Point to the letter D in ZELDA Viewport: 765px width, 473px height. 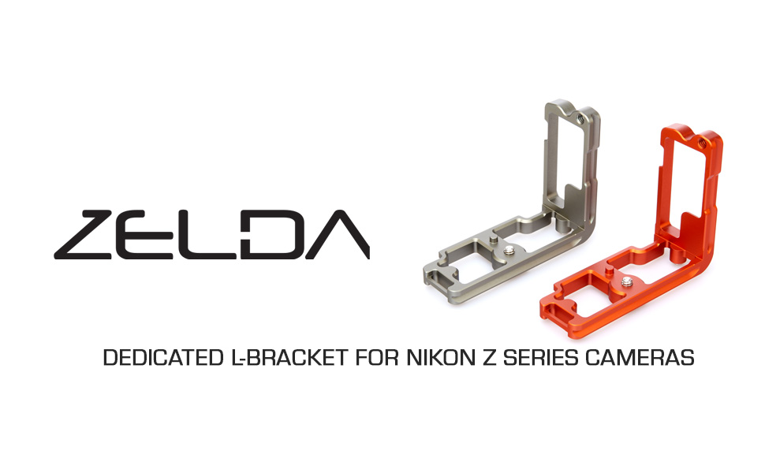click(x=272, y=235)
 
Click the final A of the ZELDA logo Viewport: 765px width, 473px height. click(x=338, y=235)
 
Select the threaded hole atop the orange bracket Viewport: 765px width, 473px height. click(x=700, y=143)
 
